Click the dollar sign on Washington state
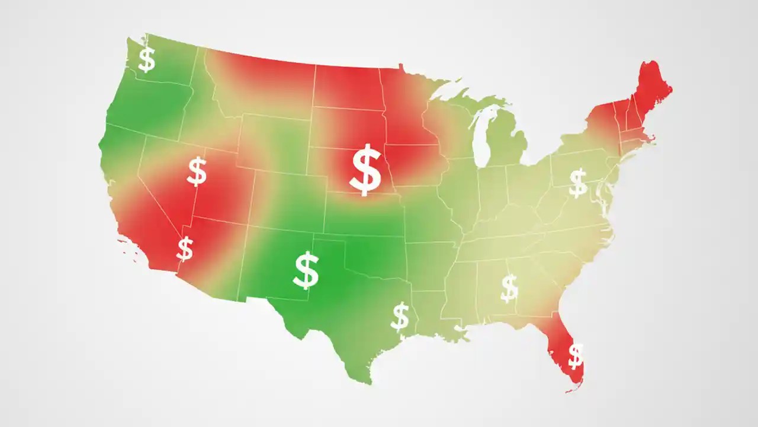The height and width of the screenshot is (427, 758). point(146,60)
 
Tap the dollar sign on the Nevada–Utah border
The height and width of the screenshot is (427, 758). point(197,171)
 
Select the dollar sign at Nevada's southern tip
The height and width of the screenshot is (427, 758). point(185,248)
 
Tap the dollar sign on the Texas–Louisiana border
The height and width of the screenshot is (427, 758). point(400,317)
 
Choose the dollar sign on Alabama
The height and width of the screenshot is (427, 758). point(509,288)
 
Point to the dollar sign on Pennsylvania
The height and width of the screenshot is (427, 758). point(577,182)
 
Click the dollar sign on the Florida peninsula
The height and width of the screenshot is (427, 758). point(575,356)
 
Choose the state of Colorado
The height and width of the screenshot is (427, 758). point(290,199)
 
